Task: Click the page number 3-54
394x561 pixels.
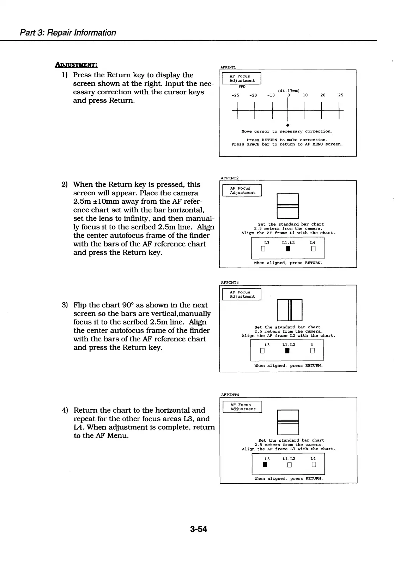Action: [x=198, y=529]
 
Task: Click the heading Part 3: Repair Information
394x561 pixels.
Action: [x=68, y=32]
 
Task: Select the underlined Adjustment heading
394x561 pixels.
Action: [x=76, y=65]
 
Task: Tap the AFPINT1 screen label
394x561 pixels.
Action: [x=228, y=67]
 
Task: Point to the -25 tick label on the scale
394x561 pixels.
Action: [x=235, y=95]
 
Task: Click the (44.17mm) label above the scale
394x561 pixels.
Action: [x=289, y=91]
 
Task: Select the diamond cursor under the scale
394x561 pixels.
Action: [x=288, y=125]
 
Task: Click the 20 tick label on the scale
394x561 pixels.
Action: [x=323, y=95]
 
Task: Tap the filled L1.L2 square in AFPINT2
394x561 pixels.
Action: [x=288, y=249]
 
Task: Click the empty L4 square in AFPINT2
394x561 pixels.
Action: [x=313, y=249]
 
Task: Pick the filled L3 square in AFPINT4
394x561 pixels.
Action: [x=265, y=465]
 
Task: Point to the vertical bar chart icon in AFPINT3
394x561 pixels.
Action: [x=290, y=310]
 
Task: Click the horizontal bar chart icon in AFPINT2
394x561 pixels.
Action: [x=288, y=206]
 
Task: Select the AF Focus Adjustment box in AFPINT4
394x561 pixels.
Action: [x=243, y=407]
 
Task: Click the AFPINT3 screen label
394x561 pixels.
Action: [x=230, y=282]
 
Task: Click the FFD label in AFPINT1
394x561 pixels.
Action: [x=242, y=86]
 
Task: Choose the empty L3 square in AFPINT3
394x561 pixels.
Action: [x=262, y=351]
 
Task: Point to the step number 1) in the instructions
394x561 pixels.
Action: [x=65, y=75]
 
